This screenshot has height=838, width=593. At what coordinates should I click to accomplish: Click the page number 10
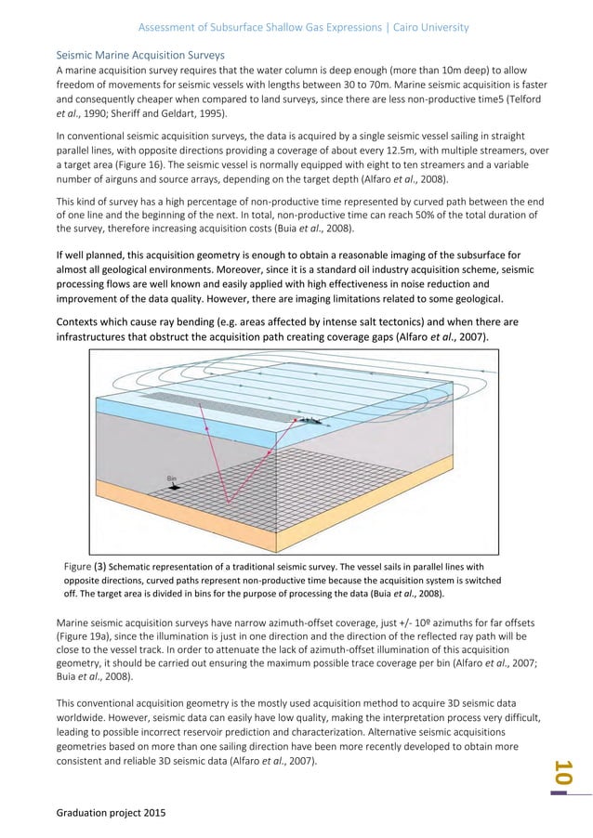coord(562,774)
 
